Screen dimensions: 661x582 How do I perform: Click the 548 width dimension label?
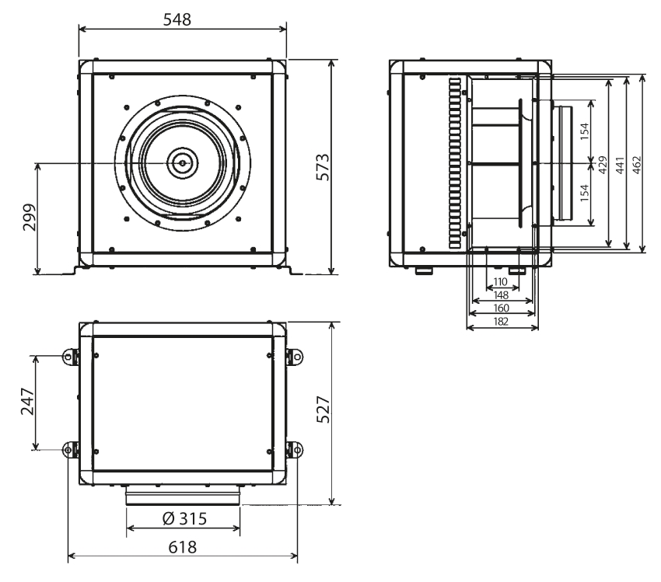(x=177, y=19)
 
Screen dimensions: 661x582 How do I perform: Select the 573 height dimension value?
(x=323, y=167)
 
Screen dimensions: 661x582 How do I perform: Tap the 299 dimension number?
(x=29, y=218)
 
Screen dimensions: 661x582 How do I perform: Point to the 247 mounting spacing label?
(x=28, y=401)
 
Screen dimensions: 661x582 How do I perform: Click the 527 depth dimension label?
(x=323, y=409)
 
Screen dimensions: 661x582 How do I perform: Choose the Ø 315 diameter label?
(x=184, y=518)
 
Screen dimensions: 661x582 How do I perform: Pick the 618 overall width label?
(x=183, y=547)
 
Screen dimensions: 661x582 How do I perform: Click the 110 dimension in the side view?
(x=500, y=282)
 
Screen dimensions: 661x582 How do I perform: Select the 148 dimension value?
(x=501, y=294)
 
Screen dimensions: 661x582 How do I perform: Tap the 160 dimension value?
(x=502, y=308)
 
